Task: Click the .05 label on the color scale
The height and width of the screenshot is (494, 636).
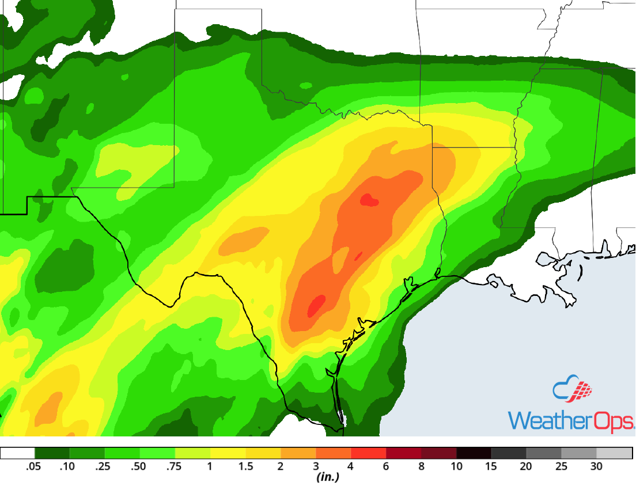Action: pyautogui.click(x=34, y=467)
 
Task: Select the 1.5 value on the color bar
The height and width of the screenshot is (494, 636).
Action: pyautogui.click(x=246, y=467)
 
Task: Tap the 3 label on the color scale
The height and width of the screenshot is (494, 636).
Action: pyautogui.click(x=316, y=467)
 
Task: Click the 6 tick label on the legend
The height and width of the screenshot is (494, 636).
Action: pyautogui.click(x=387, y=467)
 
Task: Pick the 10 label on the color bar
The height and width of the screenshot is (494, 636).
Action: pyautogui.click(x=456, y=467)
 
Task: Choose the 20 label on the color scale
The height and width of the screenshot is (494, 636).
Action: pyautogui.click(x=526, y=467)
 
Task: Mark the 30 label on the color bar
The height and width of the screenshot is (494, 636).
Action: pyautogui.click(x=596, y=467)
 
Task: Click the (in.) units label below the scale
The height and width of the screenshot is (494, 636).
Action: pyautogui.click(x=327, y=477)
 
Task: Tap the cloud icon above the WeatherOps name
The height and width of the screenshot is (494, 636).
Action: pyautogui.click(x=572, y=390)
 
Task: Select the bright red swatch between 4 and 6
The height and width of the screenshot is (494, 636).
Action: pyautogui.click(x=369, y=453)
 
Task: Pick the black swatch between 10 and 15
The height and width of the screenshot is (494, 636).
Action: pyautogui.click(x=474, y=453)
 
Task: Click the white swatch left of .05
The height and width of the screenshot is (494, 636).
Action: pyautogui.click(x=18, y=453)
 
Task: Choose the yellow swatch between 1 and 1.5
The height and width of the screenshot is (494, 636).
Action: pyautogui.click(x=228, y=453)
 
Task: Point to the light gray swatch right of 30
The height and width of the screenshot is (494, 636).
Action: pyautogui.click(x=614, y=453)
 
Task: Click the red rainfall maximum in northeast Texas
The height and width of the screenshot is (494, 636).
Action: pyautogui.click(x=369, y=200)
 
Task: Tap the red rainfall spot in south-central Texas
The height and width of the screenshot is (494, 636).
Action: pyautogui.click(x=316, y=305)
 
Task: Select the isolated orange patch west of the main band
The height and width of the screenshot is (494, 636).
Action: pyautogui.click(x=244, y=239)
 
